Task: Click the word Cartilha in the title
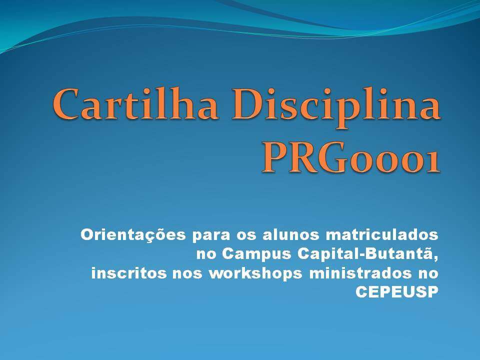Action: pyautogui.click(x=135, y=103)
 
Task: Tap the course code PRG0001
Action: pyautogui.click(x=351, y=157)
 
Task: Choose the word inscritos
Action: pyautogui.click(x=129, y=273)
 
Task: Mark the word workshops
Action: pyautogui.click(x=255, y=273)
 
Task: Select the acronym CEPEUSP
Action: pyautogui.click(x=396, y=292)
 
